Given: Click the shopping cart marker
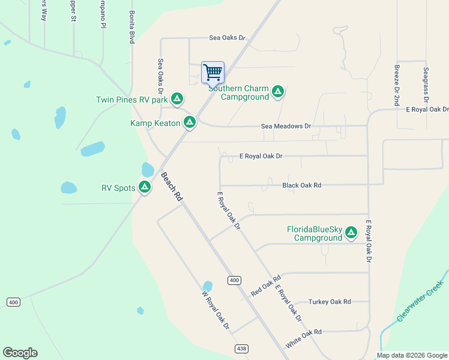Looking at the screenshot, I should tap(212, 73).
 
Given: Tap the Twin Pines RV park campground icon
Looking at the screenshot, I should tap(177, 98).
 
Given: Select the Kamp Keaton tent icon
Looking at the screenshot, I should tap(190, 123).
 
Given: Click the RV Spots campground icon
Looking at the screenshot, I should tap(145, 187).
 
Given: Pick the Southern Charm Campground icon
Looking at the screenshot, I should tap(277, 92).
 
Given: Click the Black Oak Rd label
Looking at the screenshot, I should tap(301, 185).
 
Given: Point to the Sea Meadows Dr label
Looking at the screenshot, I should tap(286, 127).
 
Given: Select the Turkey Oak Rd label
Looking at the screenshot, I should tap(329, 302).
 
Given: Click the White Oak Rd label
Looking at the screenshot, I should tap(304, 340).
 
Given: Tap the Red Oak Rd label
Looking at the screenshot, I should tap(266, 286).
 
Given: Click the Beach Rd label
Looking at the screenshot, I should tap(171, 186).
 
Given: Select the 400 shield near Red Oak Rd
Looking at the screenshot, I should tap(234, 280).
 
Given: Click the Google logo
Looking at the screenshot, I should tap(20, 353).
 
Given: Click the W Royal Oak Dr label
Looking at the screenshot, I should tap(216, 310).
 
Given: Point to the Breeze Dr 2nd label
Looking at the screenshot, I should tap(397, 86).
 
